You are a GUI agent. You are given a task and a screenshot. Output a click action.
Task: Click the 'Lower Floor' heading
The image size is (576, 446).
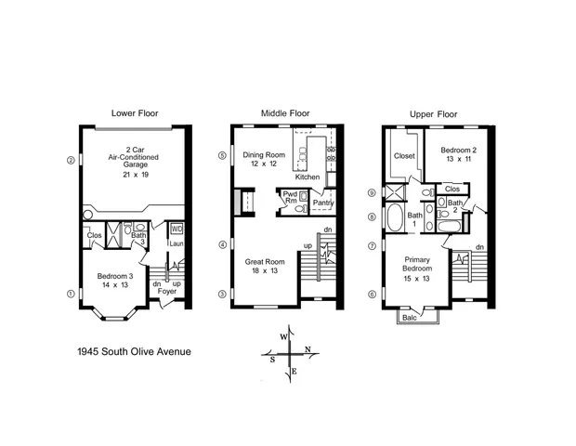point(135,113)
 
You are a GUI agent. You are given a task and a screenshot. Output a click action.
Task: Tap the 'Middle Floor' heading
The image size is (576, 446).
point(283,113)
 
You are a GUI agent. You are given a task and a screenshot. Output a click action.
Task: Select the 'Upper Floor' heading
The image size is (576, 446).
point(433,113)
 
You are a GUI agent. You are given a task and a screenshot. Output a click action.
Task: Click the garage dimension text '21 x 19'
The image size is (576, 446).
point(135,174)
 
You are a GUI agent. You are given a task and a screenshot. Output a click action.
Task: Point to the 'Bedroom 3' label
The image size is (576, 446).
point(115,276)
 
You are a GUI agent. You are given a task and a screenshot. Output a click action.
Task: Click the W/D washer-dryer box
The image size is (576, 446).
point(177,229)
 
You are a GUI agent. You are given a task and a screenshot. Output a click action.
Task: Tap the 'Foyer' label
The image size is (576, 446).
point(166,291)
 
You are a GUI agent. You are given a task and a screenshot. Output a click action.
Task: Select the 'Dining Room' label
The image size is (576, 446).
point(264,155)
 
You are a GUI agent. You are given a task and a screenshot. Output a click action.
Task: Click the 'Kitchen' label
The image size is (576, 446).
point(308,177)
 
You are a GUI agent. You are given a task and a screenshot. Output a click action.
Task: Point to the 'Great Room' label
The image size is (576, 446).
point(264,262)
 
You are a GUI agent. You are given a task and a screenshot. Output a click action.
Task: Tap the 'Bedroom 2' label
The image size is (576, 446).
point(458,150)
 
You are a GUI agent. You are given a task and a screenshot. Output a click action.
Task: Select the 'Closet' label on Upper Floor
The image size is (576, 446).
point(404,156)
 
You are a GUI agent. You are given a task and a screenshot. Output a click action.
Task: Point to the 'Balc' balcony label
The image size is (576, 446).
point(410,318)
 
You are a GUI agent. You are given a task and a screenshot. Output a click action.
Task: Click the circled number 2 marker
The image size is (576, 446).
point(71,159)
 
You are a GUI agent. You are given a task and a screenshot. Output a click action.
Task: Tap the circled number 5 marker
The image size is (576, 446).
point(221,155)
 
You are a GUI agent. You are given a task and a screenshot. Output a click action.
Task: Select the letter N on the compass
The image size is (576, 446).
point(308,349)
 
